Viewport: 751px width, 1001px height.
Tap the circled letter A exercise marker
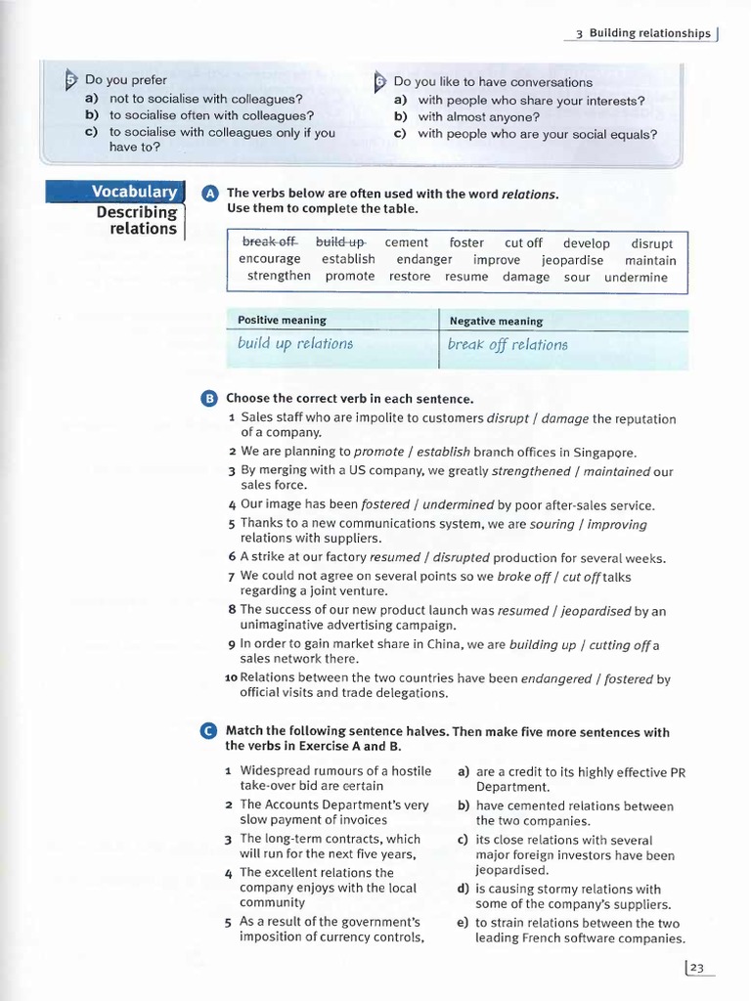(209, 195)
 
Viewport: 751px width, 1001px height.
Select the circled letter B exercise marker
(209, 399)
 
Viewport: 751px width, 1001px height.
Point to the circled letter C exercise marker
(209, 732)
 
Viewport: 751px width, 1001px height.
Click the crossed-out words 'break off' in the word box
(269, 242)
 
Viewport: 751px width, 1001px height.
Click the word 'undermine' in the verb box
(636, 277)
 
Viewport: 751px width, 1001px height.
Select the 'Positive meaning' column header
(283, 321)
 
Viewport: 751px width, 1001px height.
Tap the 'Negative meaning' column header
(496, 321)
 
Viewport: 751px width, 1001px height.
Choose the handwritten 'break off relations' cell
(507, 344)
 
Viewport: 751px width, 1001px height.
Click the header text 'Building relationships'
(649, 33)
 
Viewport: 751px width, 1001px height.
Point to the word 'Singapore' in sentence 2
(605, 452)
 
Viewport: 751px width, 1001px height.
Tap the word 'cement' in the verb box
(407, 242)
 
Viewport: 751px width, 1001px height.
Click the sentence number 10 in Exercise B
(232, 676)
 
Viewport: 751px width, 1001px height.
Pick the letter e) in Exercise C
(464, 923)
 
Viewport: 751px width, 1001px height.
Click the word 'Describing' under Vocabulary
(137, 212)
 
